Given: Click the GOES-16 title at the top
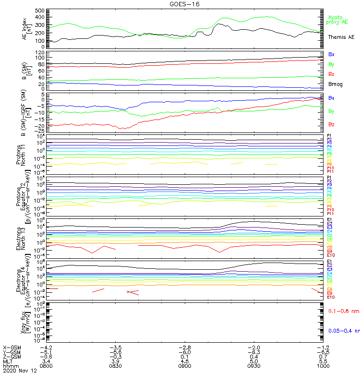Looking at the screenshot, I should [185, 4].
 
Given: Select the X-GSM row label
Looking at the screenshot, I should [12, 347].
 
